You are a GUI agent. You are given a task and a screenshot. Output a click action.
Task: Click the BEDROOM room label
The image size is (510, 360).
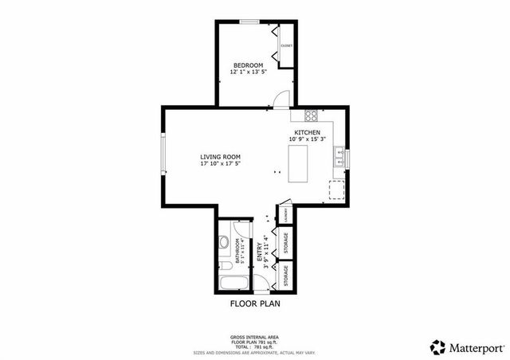(249, 65)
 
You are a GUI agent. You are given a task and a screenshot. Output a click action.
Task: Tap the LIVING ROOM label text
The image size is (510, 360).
(220, 156)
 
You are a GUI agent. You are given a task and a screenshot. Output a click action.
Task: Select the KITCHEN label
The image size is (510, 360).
(308, 132)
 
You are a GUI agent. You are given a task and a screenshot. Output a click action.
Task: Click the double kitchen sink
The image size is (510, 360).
(339, 156)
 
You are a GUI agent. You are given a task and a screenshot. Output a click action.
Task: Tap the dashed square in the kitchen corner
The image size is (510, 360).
(337, 190)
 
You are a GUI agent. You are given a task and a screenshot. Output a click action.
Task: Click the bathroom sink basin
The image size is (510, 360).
(226, 241)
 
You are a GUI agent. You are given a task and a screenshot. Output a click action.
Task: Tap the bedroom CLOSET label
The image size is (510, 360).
(286, 45)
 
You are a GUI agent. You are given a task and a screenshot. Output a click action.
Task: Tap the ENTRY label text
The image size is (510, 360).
(259, 253)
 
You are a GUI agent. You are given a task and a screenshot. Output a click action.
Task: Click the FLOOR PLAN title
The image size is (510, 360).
(255, 304)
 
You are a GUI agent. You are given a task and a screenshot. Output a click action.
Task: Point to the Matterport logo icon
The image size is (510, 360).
(437, 346)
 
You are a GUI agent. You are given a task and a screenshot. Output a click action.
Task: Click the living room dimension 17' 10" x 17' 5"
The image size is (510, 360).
(220, 163)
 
